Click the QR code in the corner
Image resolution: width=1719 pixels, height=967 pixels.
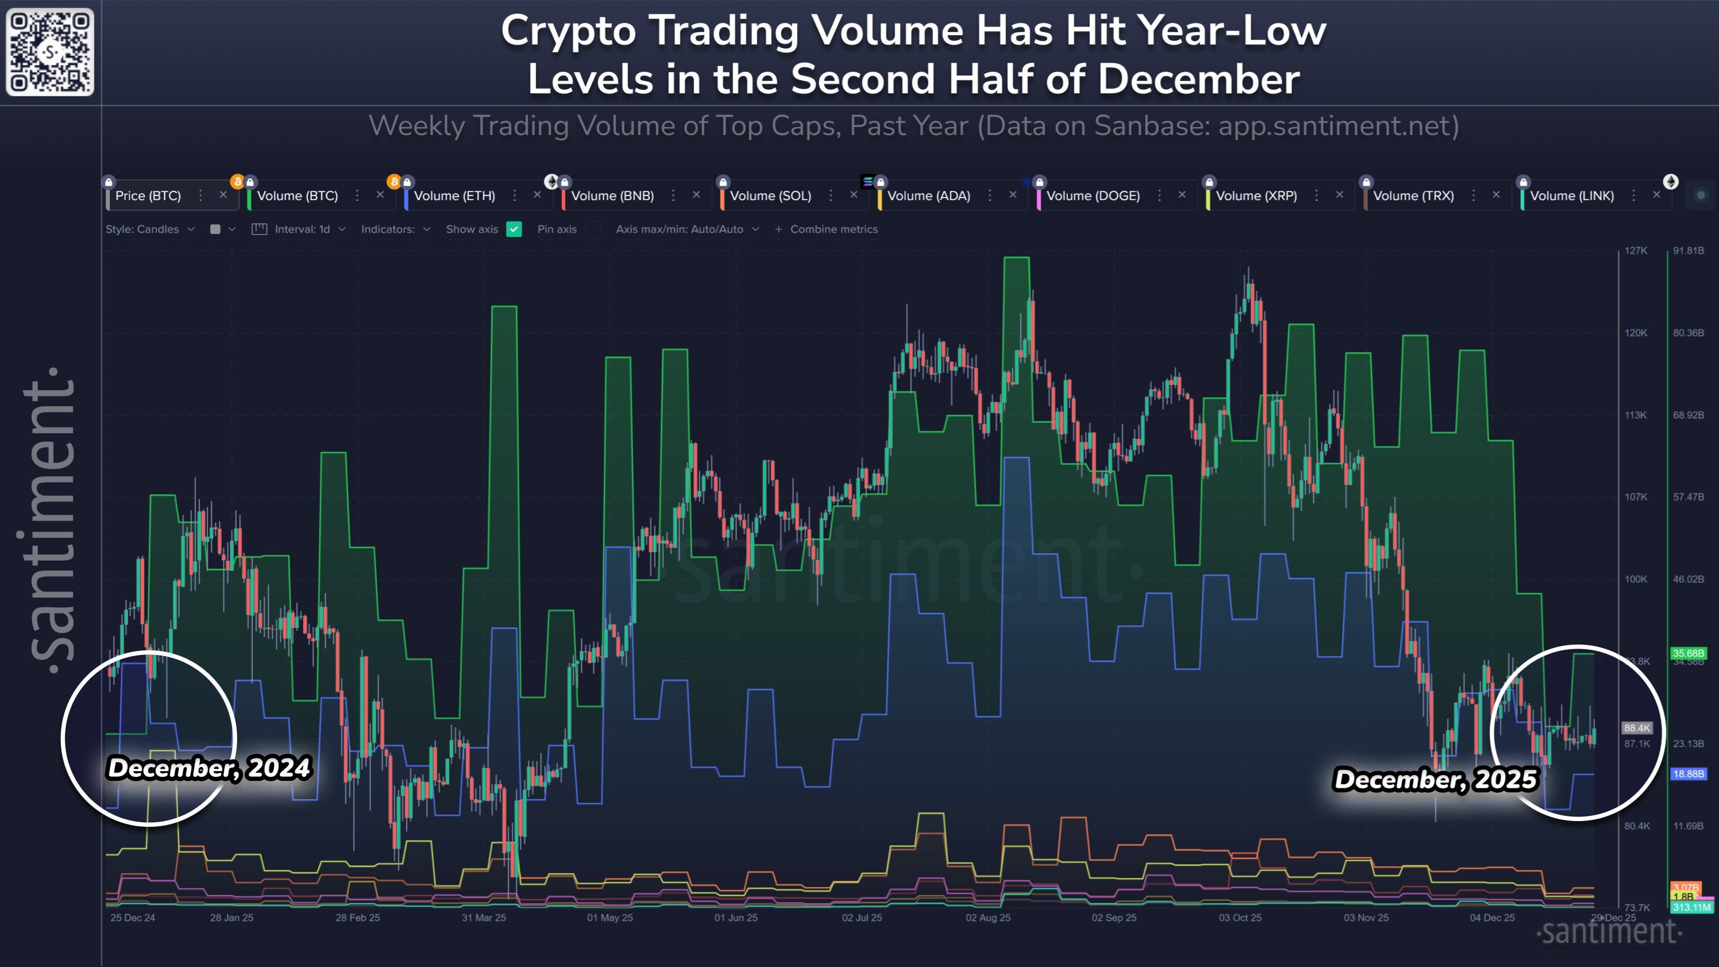tap(50, 52)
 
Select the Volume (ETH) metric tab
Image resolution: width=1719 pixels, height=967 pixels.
tap(454, 196)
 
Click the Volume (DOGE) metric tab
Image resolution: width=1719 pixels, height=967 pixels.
tap(1092, 196)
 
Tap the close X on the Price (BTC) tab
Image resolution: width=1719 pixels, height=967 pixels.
tap(223, 195)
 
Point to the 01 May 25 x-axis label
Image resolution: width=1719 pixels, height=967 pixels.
tap(609, 918)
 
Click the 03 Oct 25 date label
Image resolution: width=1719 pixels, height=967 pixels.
tap(1240, 918)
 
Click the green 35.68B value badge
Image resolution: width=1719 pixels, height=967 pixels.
tap(1687, 653)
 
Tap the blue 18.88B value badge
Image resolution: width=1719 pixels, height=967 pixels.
tap(1687, 774)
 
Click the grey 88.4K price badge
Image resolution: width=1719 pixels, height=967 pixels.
tap(1637, 728)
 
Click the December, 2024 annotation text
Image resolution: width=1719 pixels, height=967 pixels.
tap(209, 768)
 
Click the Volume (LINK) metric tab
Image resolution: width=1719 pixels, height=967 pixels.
tap(1571, 196)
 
